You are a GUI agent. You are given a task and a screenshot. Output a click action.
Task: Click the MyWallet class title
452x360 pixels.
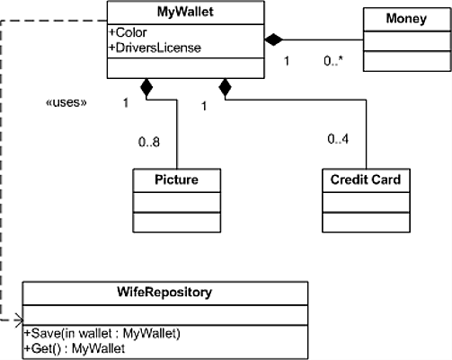185,12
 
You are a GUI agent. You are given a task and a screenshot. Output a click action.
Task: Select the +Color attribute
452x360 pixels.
129,32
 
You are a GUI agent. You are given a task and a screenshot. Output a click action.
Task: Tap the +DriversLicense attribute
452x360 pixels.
155,48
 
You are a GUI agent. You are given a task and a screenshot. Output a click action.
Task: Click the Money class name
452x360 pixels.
406,19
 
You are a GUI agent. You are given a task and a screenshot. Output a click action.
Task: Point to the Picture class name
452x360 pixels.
176,180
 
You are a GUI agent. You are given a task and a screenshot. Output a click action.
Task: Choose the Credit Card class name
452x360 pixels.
366,180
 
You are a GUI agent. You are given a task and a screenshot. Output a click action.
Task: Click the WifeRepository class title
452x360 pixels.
164,292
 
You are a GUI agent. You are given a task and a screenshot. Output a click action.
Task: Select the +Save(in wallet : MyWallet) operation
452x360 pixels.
102,333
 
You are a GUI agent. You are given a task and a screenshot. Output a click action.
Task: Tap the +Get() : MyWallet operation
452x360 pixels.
75,348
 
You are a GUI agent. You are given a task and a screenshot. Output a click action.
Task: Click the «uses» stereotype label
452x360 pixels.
66,102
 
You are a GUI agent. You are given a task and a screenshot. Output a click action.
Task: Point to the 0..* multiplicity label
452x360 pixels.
333,61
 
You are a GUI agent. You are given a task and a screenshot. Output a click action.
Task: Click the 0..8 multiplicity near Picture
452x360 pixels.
149,142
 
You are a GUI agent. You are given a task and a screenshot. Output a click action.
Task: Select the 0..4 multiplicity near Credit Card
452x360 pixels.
338,139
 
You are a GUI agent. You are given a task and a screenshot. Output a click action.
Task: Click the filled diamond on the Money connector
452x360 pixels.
274,40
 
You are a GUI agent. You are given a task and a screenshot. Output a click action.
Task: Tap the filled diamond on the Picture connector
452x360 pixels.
146,87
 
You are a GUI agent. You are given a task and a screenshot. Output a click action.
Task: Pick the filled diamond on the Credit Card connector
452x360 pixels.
226,87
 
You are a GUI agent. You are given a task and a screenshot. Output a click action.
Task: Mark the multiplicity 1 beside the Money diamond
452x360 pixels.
287,61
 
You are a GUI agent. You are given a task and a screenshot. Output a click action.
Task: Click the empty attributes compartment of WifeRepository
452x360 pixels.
165,315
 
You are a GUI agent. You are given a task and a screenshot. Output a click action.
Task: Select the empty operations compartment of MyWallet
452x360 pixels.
186,68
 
